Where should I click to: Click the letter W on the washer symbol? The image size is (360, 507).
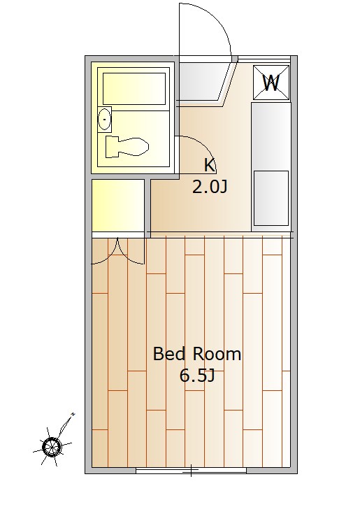click(x=271, y=83)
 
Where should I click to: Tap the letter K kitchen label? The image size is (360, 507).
click(x=209, y=165)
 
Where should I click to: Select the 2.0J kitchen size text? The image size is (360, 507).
click(x=210, y=187)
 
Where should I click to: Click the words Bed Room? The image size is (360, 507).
click(x=197, y=354)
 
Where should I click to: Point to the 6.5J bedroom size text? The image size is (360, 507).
click(x=197, y=376)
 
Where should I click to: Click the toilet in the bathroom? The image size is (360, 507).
click(x=127, y=147)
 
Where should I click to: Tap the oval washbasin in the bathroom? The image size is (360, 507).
click(x=104, y=120)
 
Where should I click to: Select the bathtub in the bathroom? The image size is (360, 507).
click(x=134, y=89)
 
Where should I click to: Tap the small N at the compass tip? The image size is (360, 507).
click(x=73, y=414)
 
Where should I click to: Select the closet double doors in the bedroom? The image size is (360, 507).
click(x=118, y=252)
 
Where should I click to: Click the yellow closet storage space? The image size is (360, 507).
click(x=118, y=206)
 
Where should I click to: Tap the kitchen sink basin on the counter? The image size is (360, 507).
click(x=271, y=198)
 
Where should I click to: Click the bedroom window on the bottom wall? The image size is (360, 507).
click(x=191, y=471)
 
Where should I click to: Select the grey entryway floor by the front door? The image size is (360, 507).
click(x=204, y=82)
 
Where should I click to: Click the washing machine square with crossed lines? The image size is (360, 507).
click(x=271, y=83)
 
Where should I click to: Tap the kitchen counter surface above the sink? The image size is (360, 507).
click(x=271, y=136)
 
